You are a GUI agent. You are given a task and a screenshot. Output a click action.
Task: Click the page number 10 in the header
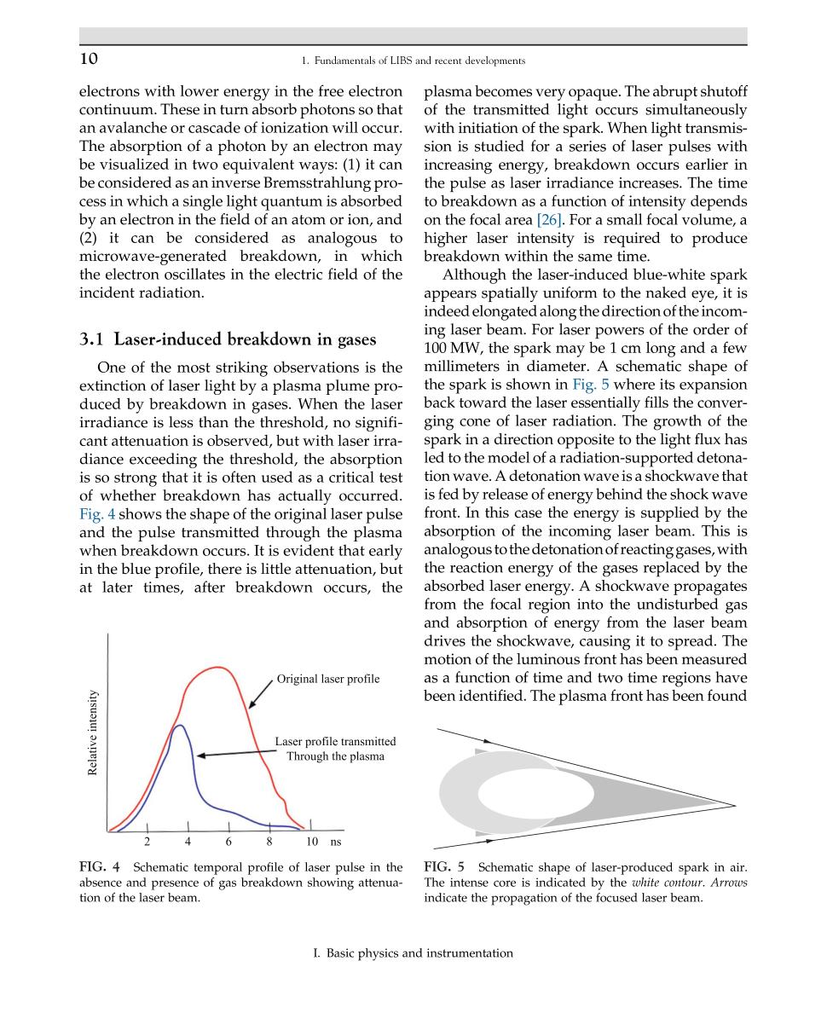coord(89,59)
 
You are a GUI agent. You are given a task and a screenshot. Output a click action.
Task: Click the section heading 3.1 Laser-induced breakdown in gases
coord(228,339)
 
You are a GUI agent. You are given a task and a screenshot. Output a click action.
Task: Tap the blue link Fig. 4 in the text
coord(97,514)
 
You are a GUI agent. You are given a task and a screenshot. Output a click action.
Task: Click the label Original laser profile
coord(328,679)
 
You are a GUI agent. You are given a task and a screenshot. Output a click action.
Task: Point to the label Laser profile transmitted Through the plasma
coord(335,749)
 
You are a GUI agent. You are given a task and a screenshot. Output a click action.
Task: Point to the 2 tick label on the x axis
coord(147,842)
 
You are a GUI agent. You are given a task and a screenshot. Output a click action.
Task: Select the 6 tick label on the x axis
coord(228,842)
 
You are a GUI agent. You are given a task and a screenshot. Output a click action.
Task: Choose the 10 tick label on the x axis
coord(312,842)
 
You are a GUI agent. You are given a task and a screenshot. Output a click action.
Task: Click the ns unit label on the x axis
coord(335,842)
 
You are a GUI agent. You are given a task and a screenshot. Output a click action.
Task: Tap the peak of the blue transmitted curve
coord(179,726)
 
